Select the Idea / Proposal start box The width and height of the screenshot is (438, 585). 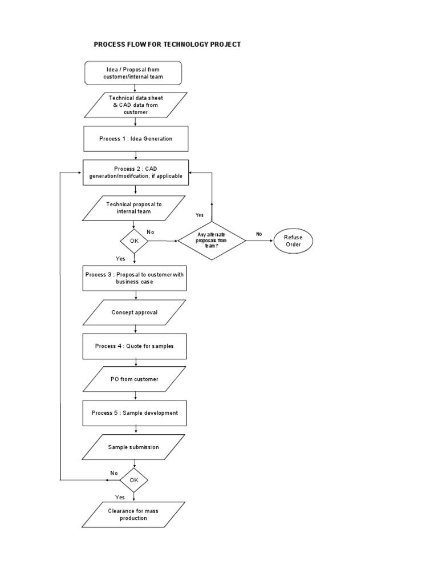tap(133, 73)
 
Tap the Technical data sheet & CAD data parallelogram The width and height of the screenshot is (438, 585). tap(136, 105)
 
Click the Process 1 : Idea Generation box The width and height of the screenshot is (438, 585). tap(135, 139)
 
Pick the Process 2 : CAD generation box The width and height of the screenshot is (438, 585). tap(136, 173)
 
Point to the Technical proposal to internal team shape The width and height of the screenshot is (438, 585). tap(133, 207)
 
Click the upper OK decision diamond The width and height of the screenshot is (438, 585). tap(134, 241)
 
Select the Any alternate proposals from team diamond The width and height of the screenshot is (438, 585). tap(212, 241)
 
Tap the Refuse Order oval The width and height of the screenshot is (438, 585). tap(293, 241)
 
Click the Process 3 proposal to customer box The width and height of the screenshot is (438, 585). tap(135, 278)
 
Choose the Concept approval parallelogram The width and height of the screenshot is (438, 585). tap(135, 312)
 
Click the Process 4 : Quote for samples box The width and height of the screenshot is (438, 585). tap(135, 346)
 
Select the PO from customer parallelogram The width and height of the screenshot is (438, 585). tap(135, 379)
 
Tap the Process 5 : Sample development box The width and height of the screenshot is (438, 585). tap(135, 413)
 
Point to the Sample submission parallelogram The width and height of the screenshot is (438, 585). tap(133, 447)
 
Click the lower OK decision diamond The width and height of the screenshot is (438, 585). tap(134, 480)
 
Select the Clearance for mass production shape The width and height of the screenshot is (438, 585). tap(133, 514)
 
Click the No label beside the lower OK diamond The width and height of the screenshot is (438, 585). tap(114, 473)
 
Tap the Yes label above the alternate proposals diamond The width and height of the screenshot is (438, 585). tap(199, 215)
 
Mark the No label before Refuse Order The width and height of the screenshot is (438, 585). tap(259, 234)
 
